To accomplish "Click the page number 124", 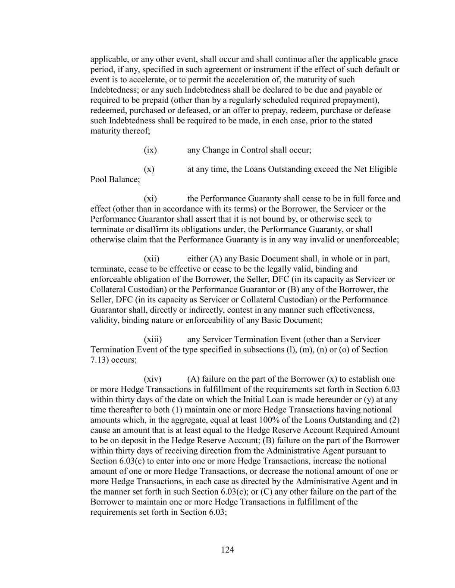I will coord(227,550).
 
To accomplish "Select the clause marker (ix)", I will coord(150,150).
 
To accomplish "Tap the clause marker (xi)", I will coord(150,199).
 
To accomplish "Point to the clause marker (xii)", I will coord(151,258).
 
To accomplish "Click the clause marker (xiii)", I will coord(153,339).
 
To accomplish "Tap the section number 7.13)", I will coord(100,360).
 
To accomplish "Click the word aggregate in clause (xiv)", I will coord(173,420).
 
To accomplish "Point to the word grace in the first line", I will coord(388,59).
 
